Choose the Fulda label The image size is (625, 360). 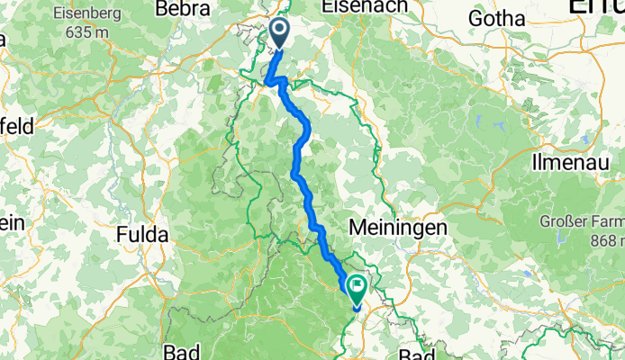point(142,235)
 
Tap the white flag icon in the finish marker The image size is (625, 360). point(356,287)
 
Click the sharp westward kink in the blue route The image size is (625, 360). point(268,84)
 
